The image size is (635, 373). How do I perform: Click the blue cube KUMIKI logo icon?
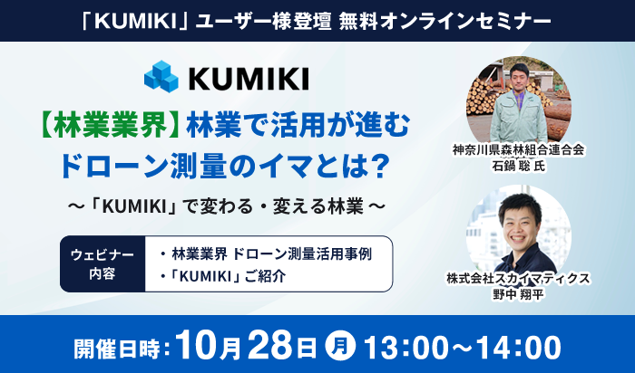point(161,76)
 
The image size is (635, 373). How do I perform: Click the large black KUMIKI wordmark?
point(249,79)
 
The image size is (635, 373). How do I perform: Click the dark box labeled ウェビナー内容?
point(103,263)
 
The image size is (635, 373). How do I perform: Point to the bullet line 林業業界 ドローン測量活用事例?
point(266,254)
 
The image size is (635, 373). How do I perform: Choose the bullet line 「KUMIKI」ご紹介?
point(223,276)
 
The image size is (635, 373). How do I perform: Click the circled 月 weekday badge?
point(340,347)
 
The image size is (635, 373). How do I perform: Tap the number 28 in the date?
point(269,346)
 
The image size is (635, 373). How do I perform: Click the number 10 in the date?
point(197,346)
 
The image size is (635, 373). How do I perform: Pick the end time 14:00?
point(518,347)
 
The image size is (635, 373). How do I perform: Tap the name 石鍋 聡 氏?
point(518,166)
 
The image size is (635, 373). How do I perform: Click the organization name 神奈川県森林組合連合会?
point(518,150)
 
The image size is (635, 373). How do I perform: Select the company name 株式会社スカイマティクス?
point(518,279)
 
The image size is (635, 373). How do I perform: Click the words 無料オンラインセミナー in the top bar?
point(445,22)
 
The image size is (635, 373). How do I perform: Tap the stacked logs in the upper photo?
point(481,97)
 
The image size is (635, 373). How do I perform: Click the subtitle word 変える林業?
point(317,207)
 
